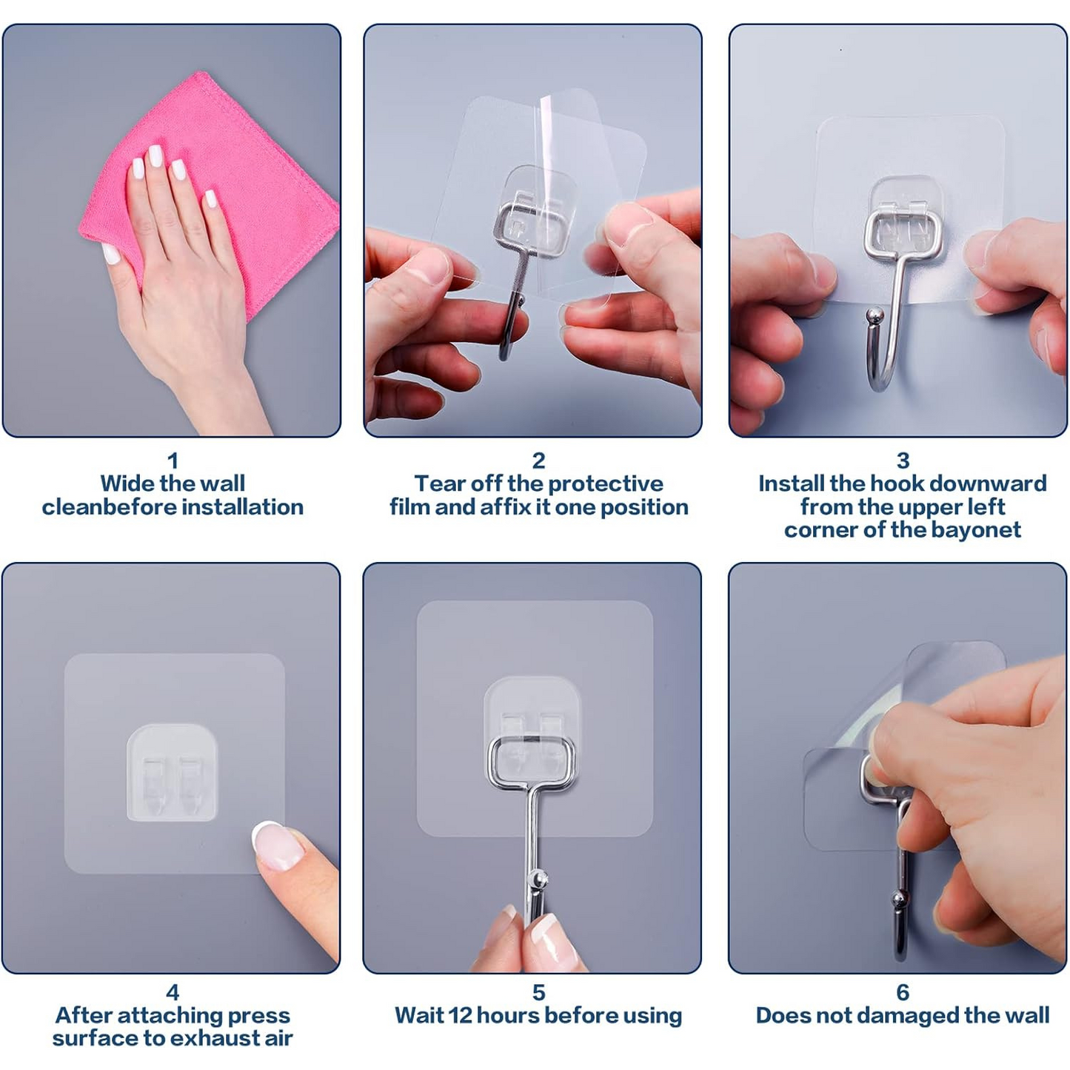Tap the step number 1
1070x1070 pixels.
coord(173,461)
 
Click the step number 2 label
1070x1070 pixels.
coord(538,461)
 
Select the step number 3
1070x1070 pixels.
coord(903,461)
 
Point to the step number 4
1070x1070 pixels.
coord(172,992)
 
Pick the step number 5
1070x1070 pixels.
coord(538,992)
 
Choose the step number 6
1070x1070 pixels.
coord(903,992)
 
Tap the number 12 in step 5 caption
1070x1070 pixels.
coord(461,1016)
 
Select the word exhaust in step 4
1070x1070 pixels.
coord(196,1038)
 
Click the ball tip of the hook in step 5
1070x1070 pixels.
coord(538,880)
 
